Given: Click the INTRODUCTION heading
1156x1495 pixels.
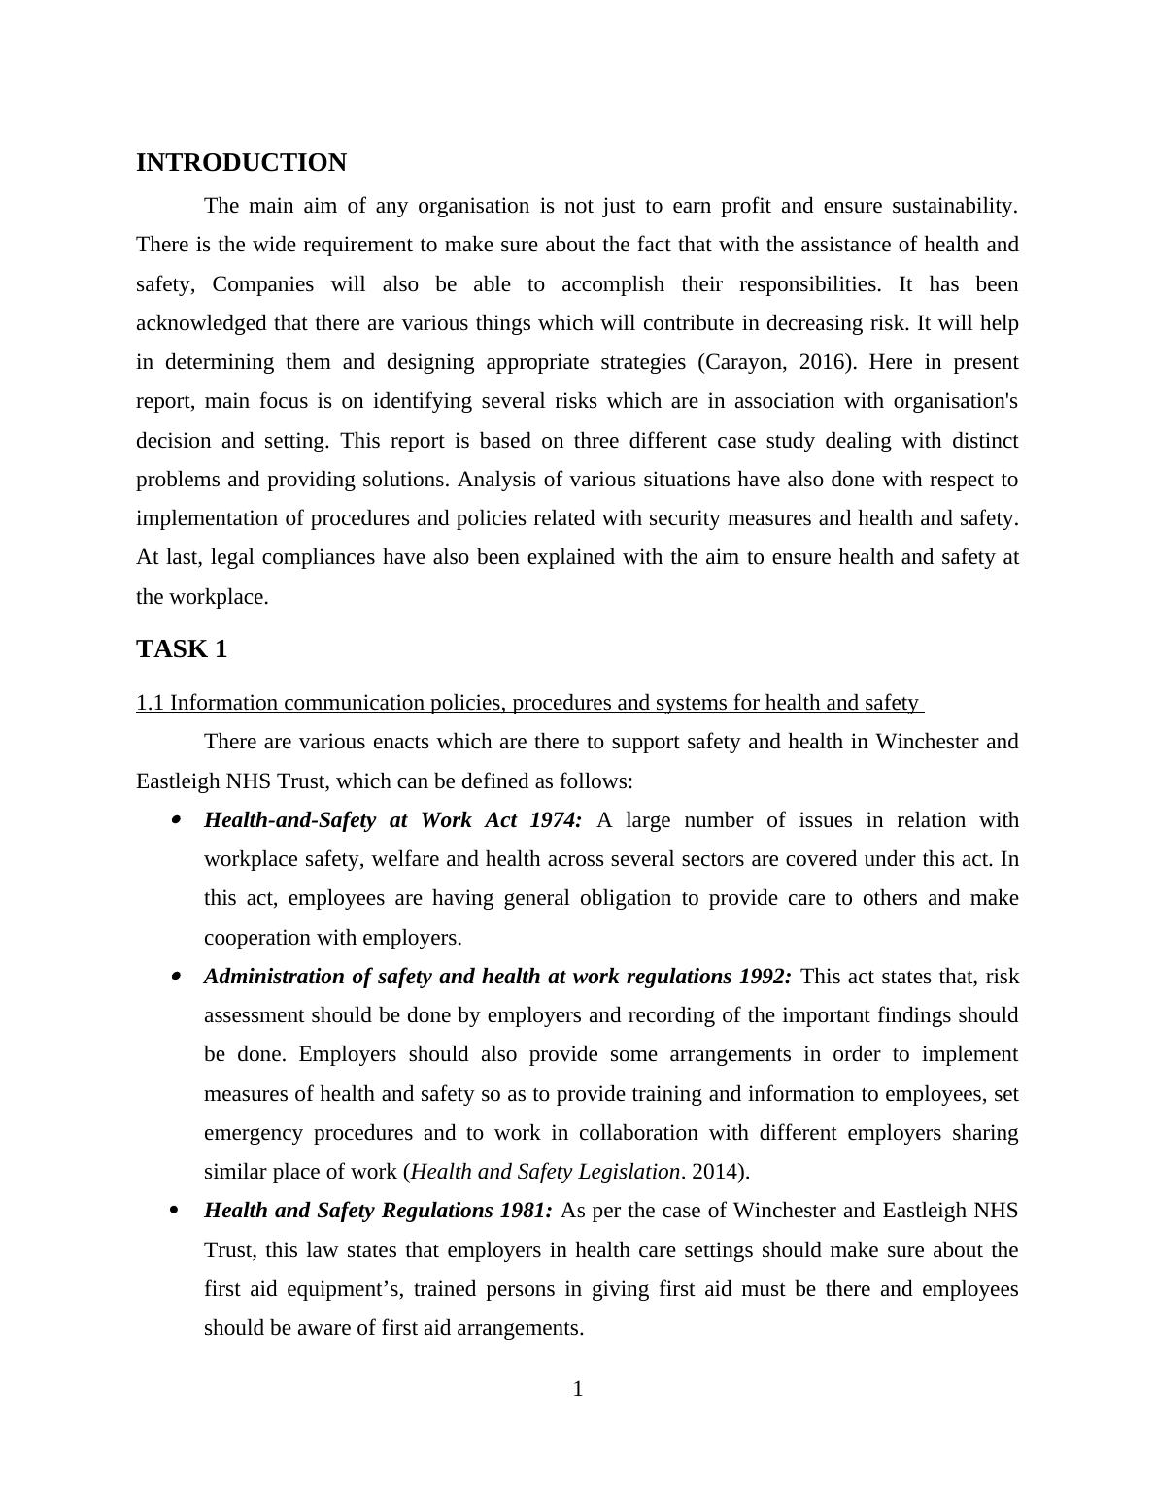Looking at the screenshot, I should pos(241,163).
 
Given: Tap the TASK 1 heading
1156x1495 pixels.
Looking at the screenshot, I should pos(182,649).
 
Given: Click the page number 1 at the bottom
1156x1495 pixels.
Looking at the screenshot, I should pos(578,1389).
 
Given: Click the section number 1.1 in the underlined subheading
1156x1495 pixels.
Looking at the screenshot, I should pos(151,703).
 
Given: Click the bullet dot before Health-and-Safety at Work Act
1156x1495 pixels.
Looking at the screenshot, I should pos(176,820).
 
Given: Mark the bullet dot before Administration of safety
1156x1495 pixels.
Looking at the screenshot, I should pos(176,977).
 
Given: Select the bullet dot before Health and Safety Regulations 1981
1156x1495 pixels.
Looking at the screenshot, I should pos(176,1211).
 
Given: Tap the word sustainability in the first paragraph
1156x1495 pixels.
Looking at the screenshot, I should pos(954,206).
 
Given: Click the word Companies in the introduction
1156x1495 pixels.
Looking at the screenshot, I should pos(262,284).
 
